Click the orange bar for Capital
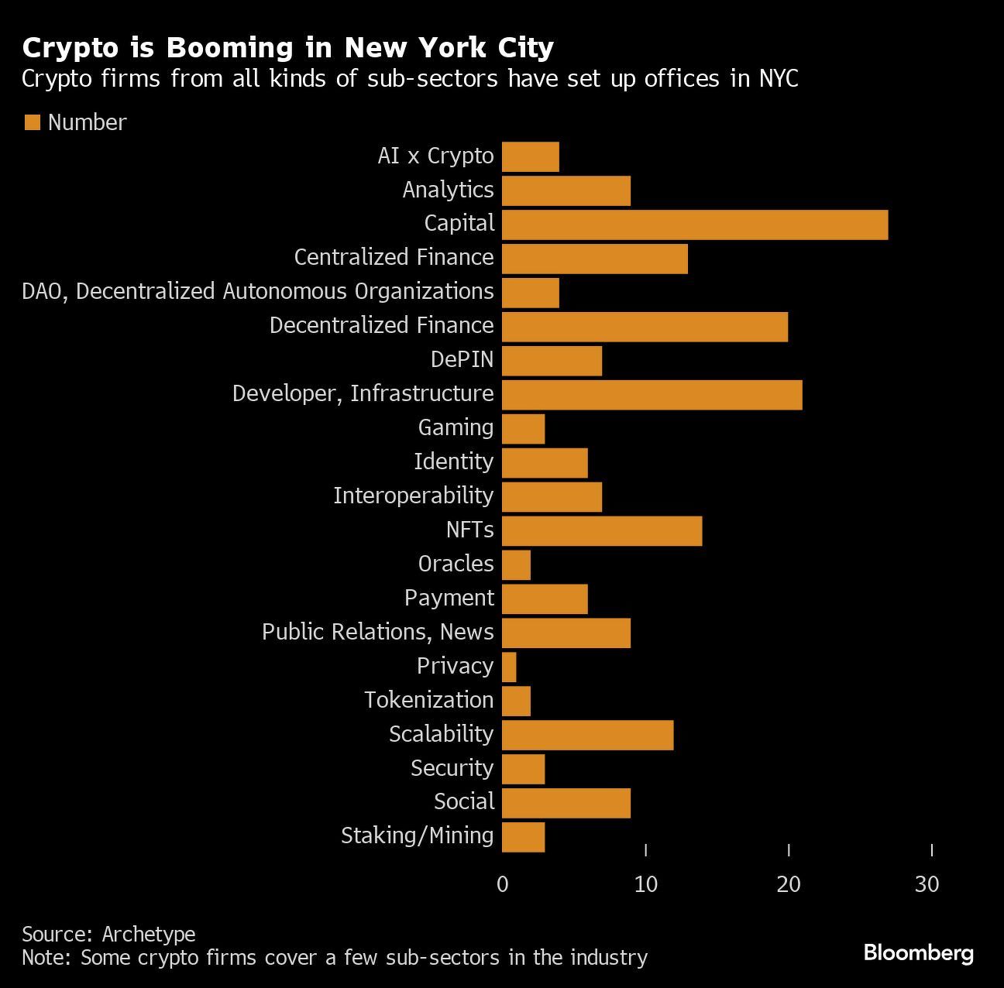click(x=694, y=225)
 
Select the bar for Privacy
click(x=509, y=667)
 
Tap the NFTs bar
click(x=601, y=530)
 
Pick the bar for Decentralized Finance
click(x=645, y=327)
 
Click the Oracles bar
click(x=516, y=564)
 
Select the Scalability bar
click(x=587, y=735)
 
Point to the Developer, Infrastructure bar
click(x=652, y=395)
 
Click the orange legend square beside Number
click(x=32, y=122)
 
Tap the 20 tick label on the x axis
click(x=788, y=883)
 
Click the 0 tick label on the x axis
click(x=503, y=883)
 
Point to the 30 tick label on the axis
click(x=927, y=883)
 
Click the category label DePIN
click(x=462, y=359)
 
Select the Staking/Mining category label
click(x=417, y=835)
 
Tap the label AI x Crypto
click(x=435, y=156)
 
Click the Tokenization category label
click(x=428, y=700)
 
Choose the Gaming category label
click(x=456, y=427)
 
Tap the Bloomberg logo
click(x=918, y=952)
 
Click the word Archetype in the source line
click(x=149, y=934)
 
